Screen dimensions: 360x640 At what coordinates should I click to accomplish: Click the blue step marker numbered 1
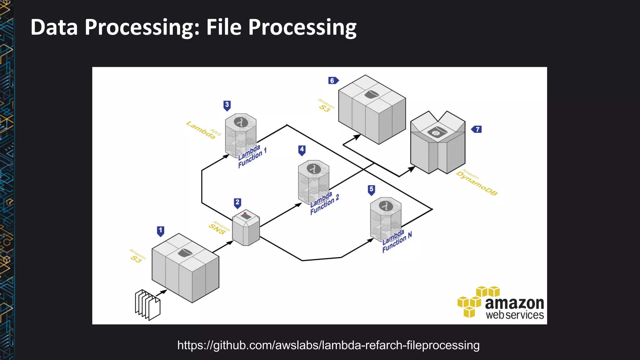point(161,231)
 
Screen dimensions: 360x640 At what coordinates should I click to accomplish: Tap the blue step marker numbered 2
point(237,203)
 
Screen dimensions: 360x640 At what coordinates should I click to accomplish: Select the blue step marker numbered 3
point(227,105)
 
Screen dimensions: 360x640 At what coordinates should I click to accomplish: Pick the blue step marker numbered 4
point(302,150)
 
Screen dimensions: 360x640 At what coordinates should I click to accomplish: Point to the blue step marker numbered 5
point(371,189)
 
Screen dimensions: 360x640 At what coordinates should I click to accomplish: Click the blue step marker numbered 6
point(333,81)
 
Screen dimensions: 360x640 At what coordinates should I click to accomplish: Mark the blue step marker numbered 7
point(477,129)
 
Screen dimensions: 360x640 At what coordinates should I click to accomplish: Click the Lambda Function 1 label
point(252,156)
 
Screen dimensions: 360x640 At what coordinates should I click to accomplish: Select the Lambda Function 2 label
point(324,203)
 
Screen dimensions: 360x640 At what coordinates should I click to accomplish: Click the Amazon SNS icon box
point(246,227)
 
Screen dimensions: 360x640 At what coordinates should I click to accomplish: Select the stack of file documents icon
point(147,305)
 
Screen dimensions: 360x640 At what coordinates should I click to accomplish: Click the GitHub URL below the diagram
point(328,345)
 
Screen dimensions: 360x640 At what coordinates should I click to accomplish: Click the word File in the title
point(223,27)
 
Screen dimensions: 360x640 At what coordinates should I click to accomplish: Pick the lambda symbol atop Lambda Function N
point(386,206)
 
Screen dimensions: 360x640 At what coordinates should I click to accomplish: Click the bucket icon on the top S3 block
point(372,94)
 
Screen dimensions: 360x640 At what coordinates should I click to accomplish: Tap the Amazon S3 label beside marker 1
point(137,256)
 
